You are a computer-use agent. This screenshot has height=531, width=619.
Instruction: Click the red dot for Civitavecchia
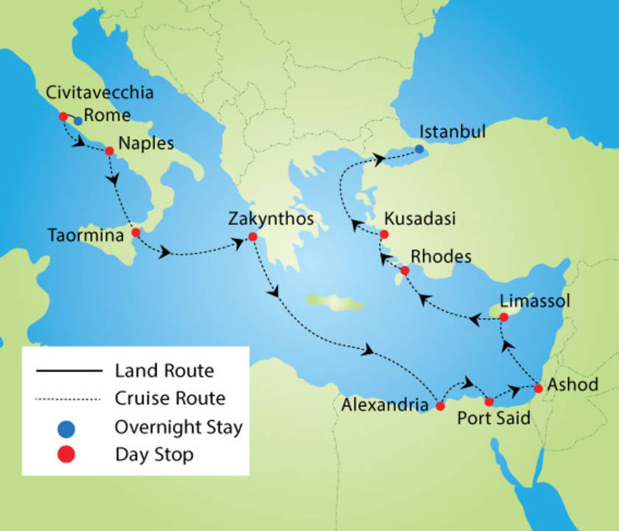63,117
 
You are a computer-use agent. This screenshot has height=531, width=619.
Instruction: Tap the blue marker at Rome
77,121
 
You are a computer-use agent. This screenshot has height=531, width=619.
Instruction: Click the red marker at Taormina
136,232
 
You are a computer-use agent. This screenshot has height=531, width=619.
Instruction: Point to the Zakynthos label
271,219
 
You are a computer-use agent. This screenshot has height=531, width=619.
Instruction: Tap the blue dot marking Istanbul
419,149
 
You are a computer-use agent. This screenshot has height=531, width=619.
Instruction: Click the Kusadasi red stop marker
384,235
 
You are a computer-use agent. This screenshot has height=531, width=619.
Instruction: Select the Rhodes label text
441,256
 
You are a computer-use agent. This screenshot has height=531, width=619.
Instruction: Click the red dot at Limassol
504,317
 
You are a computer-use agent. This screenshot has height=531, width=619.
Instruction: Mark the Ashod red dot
539,388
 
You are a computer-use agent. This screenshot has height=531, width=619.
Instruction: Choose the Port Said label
494,418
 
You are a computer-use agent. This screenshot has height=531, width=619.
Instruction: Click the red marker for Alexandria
441,406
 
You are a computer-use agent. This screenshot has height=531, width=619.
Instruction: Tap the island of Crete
335,301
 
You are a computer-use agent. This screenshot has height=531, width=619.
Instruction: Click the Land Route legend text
164,370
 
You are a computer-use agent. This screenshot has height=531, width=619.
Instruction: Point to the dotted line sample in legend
67,399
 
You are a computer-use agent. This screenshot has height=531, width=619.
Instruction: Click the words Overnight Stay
178,427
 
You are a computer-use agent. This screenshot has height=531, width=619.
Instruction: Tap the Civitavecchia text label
99,93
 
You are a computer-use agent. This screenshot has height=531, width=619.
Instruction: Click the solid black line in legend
67,370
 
